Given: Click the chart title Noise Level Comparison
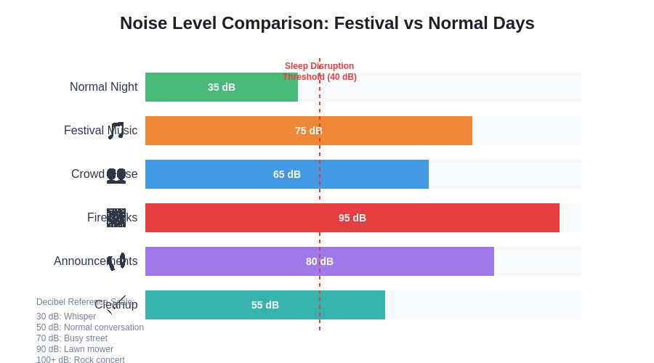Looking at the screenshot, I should tap(327, 23).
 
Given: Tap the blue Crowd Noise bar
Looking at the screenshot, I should tap(218, 174).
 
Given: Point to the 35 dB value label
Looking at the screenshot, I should tap(222, 87).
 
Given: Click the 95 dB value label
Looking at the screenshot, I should tap(352, 218).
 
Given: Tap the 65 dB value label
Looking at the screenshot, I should tap(287, 174).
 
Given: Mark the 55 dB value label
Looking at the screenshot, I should tap(265, 305).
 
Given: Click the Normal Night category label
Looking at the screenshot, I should tap(103, 87).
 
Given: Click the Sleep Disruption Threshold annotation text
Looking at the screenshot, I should tap(320, 71).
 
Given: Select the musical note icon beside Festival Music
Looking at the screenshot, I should tap(116, 131).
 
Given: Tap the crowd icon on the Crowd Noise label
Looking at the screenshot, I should tap(116, 175).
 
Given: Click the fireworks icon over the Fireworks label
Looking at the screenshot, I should tap(116, 218).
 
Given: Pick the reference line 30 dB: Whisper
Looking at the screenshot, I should tap(66, 317).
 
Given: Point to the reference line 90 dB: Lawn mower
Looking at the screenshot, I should tap(75, 349).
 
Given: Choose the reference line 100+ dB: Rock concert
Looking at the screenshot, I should tap(81, 360).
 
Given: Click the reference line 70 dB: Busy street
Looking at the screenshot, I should tap(72, 338).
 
